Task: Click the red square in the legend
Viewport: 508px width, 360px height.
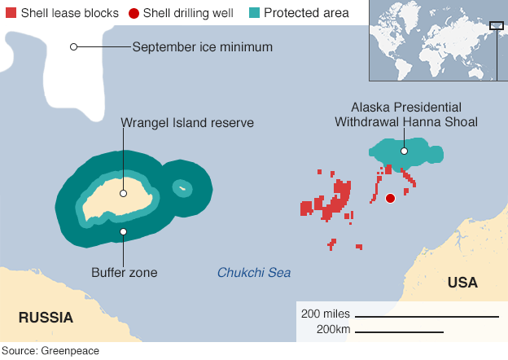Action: (10, 13)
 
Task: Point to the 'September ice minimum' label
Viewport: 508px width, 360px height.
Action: (202, 46)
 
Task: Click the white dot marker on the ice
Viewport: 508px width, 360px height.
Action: (73, 46)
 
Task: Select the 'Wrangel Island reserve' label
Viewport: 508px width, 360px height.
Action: (187, 123)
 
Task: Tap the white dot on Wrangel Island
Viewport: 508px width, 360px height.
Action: (123, 193)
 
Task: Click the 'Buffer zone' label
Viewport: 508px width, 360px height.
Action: (124, 273)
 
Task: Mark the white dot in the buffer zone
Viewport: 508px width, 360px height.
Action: (123, 232)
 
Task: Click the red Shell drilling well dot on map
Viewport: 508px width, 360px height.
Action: (390, 198)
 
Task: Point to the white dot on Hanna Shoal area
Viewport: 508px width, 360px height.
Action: (404, 151)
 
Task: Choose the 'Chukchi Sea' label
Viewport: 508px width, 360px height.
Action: (253, 273)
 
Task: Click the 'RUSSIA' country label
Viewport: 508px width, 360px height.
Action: (46, 318)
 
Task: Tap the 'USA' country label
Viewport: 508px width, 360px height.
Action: (462, 283)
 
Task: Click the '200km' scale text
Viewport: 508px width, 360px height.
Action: (332, 330)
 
